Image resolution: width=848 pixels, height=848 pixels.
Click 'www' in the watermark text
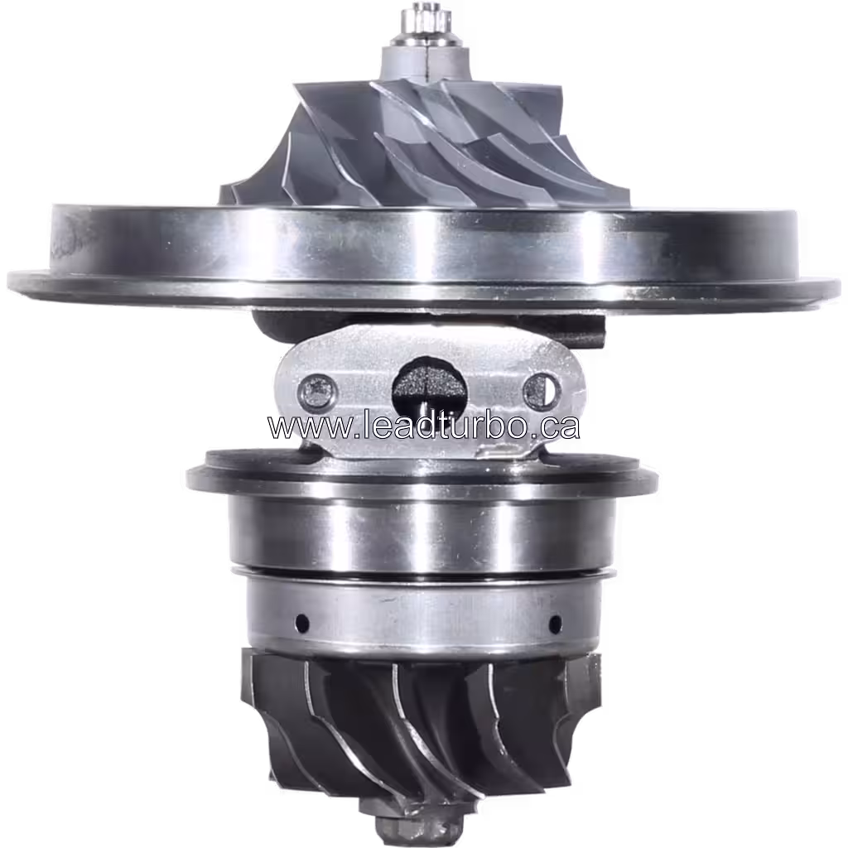pos(298,426)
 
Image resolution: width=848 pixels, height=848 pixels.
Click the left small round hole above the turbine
pos(301,621)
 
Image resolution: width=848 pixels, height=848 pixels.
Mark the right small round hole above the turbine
pos(555,623)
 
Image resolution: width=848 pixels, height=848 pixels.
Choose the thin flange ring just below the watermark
pos(422,477)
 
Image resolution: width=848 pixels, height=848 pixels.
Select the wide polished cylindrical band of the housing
pos(422,530)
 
